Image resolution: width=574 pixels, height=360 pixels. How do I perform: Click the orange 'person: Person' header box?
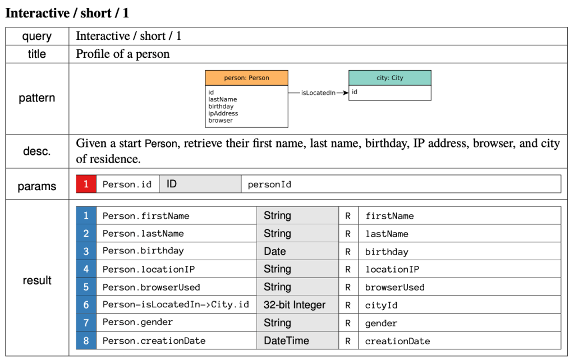[x=246, y=78]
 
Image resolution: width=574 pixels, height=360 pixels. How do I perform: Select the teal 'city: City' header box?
[x=389, y=78]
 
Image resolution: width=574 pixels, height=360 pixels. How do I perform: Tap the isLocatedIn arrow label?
[x=318, y=93]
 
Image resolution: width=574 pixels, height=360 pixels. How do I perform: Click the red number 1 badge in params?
[x=86, y=184]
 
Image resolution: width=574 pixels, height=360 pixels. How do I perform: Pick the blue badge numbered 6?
[x=86, y=305]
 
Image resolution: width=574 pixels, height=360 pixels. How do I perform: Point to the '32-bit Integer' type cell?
[x=297, y=305]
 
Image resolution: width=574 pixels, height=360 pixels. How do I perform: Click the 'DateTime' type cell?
[x=297, y=341]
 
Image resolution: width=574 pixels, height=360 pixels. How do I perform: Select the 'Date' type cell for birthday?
[x=297, y=251]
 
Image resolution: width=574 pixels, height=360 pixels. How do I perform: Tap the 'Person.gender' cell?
[x=137, y=322]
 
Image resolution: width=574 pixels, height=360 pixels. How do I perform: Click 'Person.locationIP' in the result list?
[x=149, y=269]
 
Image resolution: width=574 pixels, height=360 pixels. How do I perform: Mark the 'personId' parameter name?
[x=269, y=184]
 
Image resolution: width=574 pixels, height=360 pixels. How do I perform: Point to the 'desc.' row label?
[x=37, y=151]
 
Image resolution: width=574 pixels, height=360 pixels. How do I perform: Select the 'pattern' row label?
[x=37, y=98]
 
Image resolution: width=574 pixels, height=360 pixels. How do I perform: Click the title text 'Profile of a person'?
[x=123, y=54]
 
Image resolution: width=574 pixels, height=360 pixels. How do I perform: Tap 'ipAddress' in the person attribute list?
[x=223, y=113]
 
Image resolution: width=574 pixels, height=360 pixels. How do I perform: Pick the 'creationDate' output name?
[x=397, y=341]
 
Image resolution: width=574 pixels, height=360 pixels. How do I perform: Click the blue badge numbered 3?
[x=86, y=251]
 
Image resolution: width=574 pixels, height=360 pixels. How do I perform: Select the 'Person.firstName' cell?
[x=146, y=216]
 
